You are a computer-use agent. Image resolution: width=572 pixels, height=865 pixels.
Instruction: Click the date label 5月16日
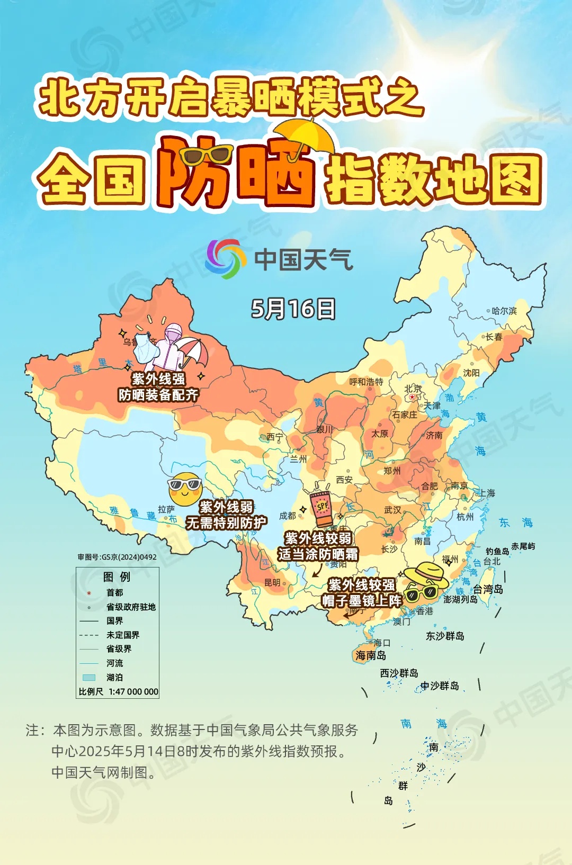tap(293, 309)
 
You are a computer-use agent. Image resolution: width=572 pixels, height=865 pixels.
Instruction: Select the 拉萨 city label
tap(166, 509)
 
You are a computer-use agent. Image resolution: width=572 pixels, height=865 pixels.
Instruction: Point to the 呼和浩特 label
tap(366, 382)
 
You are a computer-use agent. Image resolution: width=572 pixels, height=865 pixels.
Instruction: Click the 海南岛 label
tap(371, 656)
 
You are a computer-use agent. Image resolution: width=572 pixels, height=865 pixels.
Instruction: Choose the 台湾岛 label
tap(488, 589)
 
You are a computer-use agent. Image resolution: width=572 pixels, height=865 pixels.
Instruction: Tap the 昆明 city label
tap(272, 582)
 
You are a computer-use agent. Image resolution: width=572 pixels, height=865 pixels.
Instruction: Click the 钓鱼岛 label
tap(497, 552)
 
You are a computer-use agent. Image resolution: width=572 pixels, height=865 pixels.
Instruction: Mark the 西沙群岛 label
tap(399, 673)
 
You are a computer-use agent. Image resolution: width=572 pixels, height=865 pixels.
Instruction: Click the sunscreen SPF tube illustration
tap(321, 509)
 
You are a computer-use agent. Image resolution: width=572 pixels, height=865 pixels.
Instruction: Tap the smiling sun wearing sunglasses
tap(185, 488)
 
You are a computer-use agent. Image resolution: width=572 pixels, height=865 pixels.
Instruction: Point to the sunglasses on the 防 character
tap(205, 155)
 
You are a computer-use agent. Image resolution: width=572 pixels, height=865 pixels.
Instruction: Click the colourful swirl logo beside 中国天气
tap(226, 259)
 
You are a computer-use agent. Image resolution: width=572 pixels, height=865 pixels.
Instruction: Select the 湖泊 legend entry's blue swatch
tap(89, 677)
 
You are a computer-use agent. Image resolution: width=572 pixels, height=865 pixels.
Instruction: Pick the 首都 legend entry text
tap(115, 593)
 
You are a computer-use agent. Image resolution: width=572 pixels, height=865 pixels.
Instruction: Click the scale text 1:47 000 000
tap(133, 691)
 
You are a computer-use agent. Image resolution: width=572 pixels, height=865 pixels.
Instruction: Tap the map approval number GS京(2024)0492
tap(117, 557)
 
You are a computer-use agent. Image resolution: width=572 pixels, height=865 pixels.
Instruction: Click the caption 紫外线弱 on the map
tap(226, 507)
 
